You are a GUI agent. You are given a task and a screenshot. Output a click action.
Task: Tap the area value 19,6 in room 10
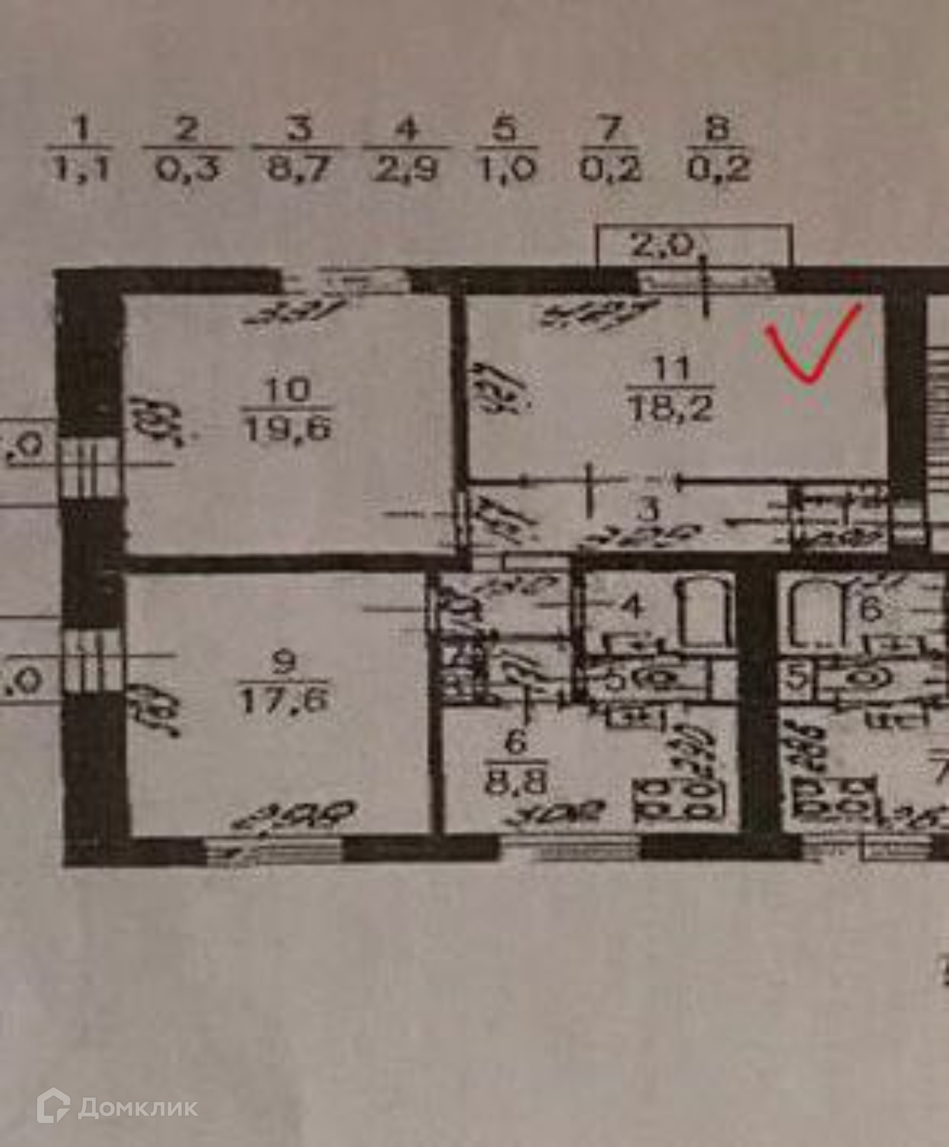[x=287, y=428]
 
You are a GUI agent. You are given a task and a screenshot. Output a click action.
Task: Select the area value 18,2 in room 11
[x=671, y=409]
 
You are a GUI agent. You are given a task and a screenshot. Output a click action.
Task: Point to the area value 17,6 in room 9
[x=284, y=700]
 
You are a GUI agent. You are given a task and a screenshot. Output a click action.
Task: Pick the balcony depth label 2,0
[x=662, y=246]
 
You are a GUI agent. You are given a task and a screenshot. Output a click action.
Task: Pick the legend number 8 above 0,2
[x=718, y=130]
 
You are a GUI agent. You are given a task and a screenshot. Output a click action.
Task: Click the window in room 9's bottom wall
[x=275, y=848]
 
